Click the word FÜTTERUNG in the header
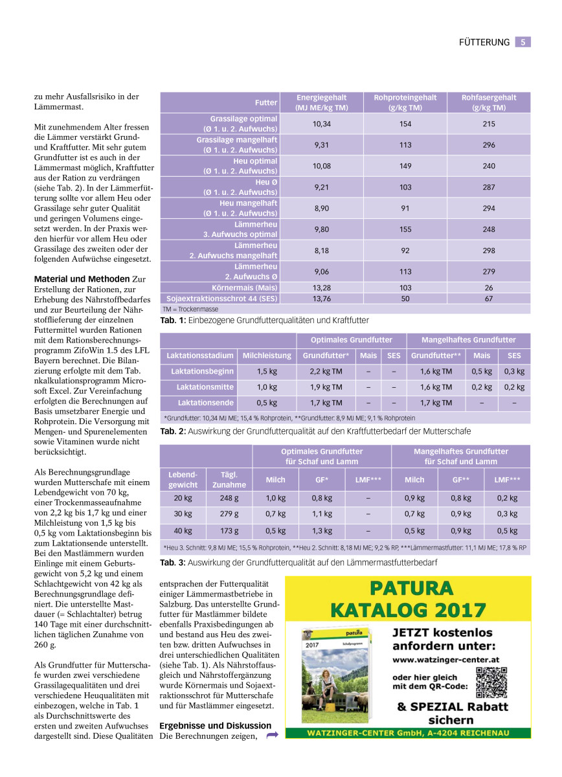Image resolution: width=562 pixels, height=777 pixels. [x=484, y=42]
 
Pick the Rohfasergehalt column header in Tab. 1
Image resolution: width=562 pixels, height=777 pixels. [x=488, y=102]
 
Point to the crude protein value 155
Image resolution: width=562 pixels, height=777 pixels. [x=405, y=229]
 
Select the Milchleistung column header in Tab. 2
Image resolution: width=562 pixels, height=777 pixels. [x=267, y=355]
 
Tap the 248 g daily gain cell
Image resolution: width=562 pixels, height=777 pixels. [x=229, y=499]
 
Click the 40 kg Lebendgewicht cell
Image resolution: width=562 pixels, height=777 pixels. [x=183, y=531]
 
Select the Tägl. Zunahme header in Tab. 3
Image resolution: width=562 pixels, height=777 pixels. [x=229, y=480]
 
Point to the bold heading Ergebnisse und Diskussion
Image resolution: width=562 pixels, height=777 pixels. [x=215, y=726]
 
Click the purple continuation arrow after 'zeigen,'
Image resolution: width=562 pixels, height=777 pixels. [x=272, y=735]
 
